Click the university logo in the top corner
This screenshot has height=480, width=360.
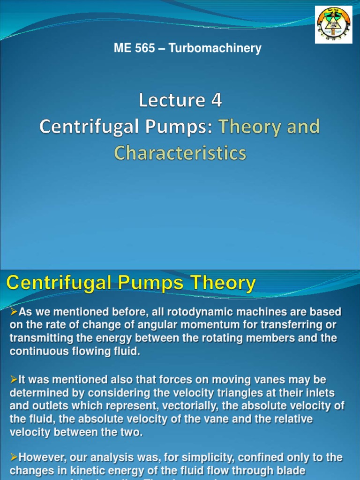[x=333, y=25]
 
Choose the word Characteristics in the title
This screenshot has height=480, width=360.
[x=180, y=153]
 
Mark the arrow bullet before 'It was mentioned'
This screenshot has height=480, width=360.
[x=13, y=380]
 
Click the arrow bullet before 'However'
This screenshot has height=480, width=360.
[x=13, y=457]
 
